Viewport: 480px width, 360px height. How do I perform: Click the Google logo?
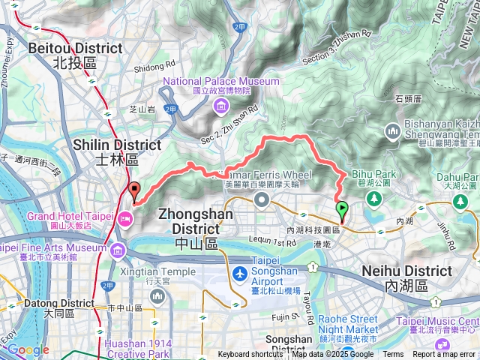28,349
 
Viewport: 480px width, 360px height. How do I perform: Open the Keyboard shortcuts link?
250,355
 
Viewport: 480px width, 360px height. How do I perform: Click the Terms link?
393,355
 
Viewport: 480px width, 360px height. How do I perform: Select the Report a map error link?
444,355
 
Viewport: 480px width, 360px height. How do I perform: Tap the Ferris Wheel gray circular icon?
262,199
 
